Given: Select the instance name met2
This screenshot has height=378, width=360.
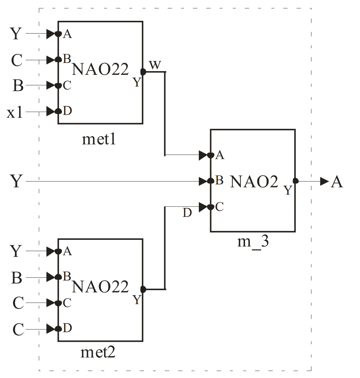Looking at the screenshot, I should [x=98, y=352].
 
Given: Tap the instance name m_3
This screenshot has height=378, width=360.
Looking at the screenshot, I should [x=253, y=242].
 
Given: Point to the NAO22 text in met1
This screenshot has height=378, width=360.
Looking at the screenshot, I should [x=100, y=70].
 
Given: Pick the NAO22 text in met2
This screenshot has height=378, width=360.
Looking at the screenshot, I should [x=100, y=287].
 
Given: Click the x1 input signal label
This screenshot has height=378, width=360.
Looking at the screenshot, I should [x=15, y=113].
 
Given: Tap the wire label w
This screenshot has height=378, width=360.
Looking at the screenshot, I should [x=155, y=65].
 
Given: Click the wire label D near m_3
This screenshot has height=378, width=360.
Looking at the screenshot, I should [x=187, y=213].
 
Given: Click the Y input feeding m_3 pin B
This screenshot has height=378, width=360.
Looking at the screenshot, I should [x=16, y=181].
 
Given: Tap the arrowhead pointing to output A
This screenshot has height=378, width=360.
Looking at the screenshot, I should [x=324, y=181].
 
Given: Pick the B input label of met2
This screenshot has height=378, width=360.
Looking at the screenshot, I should [x=16, y=278].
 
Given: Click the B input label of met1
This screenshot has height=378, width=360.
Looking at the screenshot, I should [x=18, y=86].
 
